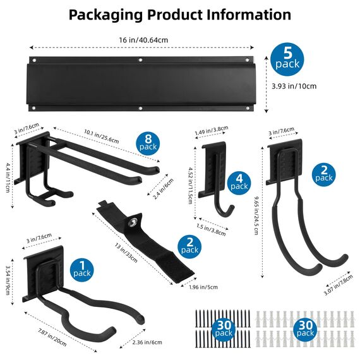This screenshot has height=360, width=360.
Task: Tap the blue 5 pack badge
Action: coord(287,59)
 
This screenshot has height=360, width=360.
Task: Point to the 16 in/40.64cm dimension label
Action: coord(143,40)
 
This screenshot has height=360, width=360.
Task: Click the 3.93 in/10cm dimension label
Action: coord(294,87)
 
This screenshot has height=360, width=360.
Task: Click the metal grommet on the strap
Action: coord(134,222)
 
